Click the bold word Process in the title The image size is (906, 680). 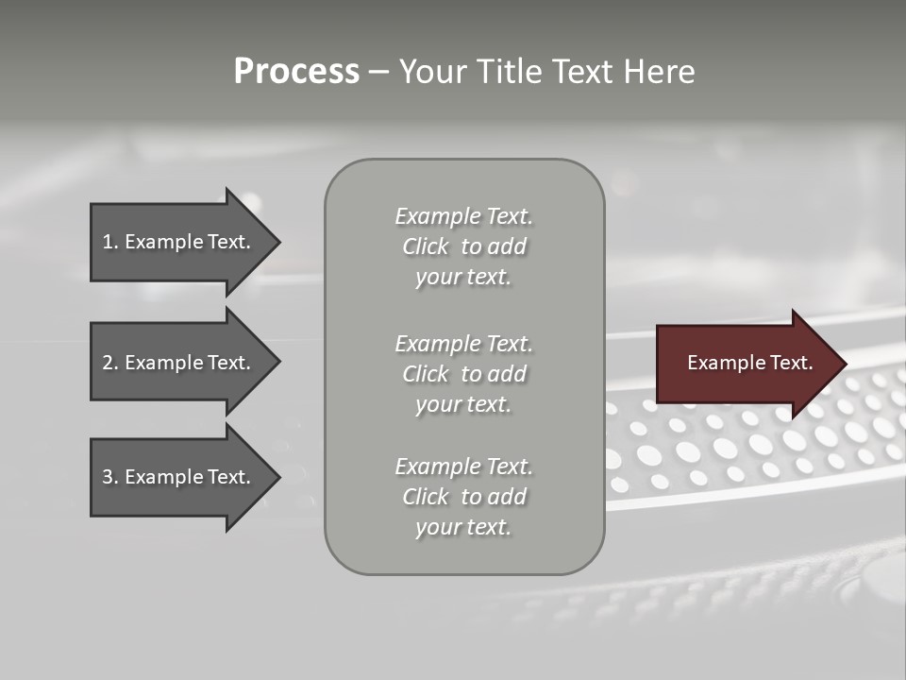(296, 72)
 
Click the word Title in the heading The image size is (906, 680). (509, 72)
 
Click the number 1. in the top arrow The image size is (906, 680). (109, 242)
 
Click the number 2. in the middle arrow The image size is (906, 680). (109, 363)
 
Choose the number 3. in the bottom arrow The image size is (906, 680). (109, 477)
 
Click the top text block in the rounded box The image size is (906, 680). (463, 246)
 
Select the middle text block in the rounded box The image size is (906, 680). (463, 374)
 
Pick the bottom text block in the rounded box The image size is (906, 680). (463, 497)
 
